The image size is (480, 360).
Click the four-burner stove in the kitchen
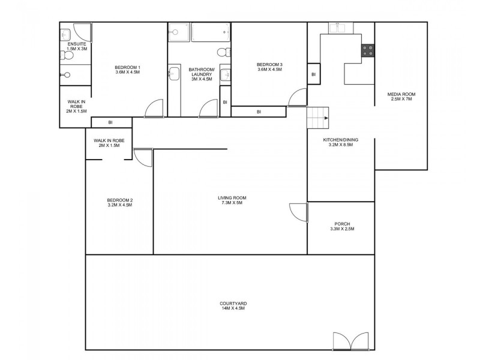click(367, 52)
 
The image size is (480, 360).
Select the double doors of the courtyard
click(351, 340)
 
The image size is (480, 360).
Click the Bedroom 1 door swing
click(154, 108)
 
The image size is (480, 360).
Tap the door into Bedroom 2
click(143, 157)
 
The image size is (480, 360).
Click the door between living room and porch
click(298, 212)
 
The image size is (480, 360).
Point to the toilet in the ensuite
click(67, 56)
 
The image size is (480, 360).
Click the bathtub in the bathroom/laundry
click(210, 32)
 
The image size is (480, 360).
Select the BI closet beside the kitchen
click(313, 74)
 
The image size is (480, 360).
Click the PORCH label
click(342, 224)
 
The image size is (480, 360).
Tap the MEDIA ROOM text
click(401, 94)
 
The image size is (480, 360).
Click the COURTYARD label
click(233, 304)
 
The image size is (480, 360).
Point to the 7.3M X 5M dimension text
click(232, 203)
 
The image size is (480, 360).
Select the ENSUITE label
click(76, 44)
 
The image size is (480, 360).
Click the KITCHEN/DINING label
click(338, 140)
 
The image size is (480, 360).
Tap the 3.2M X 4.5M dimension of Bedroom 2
click(119, 205)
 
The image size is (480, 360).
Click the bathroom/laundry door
click(208, 108)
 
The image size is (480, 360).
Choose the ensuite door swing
click(82, 32)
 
